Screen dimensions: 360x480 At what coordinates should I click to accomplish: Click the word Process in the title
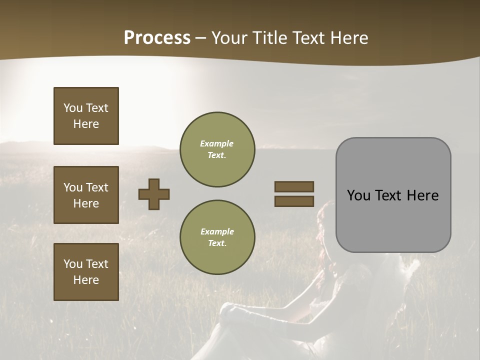(157, 38)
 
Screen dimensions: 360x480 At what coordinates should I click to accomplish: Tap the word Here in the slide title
(348, 38)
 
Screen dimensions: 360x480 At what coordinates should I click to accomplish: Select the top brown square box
(86, 116)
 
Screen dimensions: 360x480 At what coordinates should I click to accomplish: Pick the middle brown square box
(86, 195)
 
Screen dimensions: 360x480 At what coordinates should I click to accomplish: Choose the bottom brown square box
(86, 272)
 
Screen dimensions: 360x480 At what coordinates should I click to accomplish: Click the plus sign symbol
(154, 194)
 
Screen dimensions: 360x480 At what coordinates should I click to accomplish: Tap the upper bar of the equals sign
(294, 186)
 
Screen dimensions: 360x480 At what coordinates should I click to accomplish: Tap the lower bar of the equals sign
(294, 201)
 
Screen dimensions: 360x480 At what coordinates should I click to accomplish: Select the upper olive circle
(217, 149)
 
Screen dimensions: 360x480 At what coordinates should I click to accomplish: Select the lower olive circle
(217, 237)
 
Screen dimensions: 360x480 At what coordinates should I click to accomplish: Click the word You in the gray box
(358, 195)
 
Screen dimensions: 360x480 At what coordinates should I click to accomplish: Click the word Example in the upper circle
(217, 143)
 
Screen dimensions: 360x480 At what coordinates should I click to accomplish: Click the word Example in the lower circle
(217, 231)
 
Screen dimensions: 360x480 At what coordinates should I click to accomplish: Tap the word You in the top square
(73, 108)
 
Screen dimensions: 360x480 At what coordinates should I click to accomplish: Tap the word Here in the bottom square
(86, 280)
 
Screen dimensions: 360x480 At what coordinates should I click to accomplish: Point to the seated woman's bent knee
(231, 310)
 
